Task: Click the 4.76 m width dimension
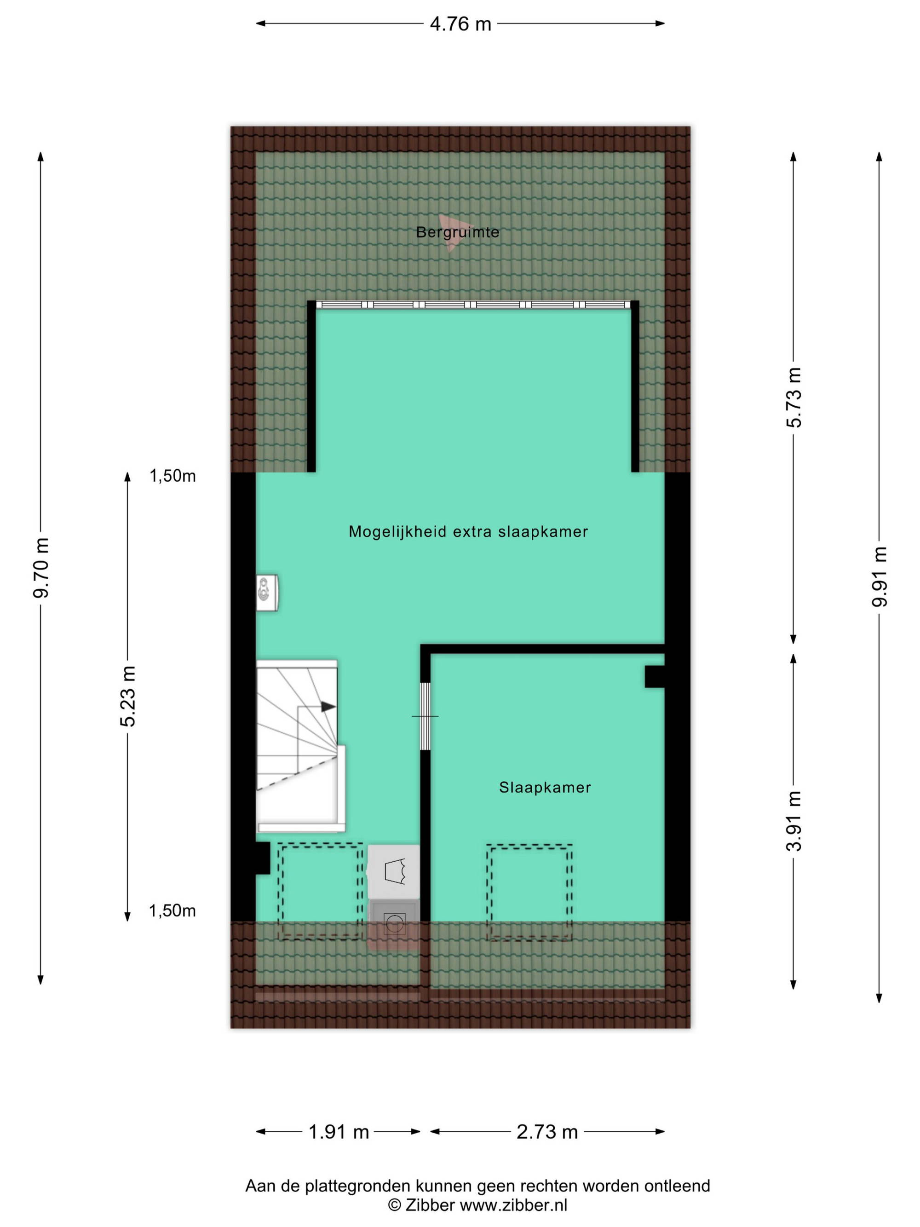[460, 24]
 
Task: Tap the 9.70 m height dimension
[41, 567]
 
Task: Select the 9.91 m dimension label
[880, 576]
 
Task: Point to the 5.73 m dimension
[794, 397]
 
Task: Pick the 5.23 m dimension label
[128, 696]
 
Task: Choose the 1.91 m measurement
[338, 1132]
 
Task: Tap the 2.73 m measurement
[547, 1132]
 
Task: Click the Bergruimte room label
[458, 232]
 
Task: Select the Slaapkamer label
[545, 787]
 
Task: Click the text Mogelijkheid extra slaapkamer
[468, 531]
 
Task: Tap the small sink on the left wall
[267, 593]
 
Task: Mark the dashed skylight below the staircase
[321, 891]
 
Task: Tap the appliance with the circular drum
[394, 924]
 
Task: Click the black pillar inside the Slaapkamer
[655, 676]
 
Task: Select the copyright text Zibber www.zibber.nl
[477, 1205]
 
